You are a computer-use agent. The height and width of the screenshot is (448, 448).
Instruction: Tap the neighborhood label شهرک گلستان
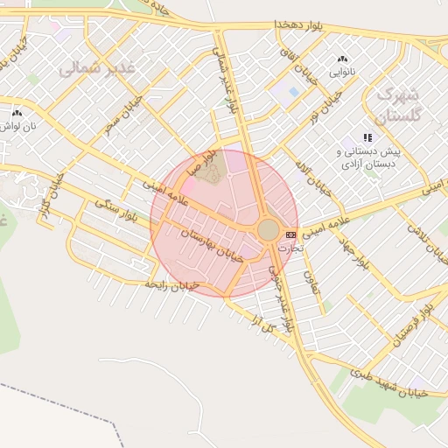pyautogui.click(x=398, y=103)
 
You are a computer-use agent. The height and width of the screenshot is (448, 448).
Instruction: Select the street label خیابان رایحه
pyautogui.click(x=172, y=285)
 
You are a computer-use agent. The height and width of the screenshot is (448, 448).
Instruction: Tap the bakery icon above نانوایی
pyautogui.click(x=342, y=59)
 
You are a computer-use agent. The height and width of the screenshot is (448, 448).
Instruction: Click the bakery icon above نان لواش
pyautogui.click(x=17, y=113)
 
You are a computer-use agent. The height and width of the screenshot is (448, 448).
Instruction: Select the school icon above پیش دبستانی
pyautogui.click(x=367, y=137)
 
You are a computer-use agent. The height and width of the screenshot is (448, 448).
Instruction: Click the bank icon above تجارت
pyautogui.click(x=290, y=234)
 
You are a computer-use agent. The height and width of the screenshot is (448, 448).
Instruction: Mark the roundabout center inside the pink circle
pyautogui.click(x=268, y=230)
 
